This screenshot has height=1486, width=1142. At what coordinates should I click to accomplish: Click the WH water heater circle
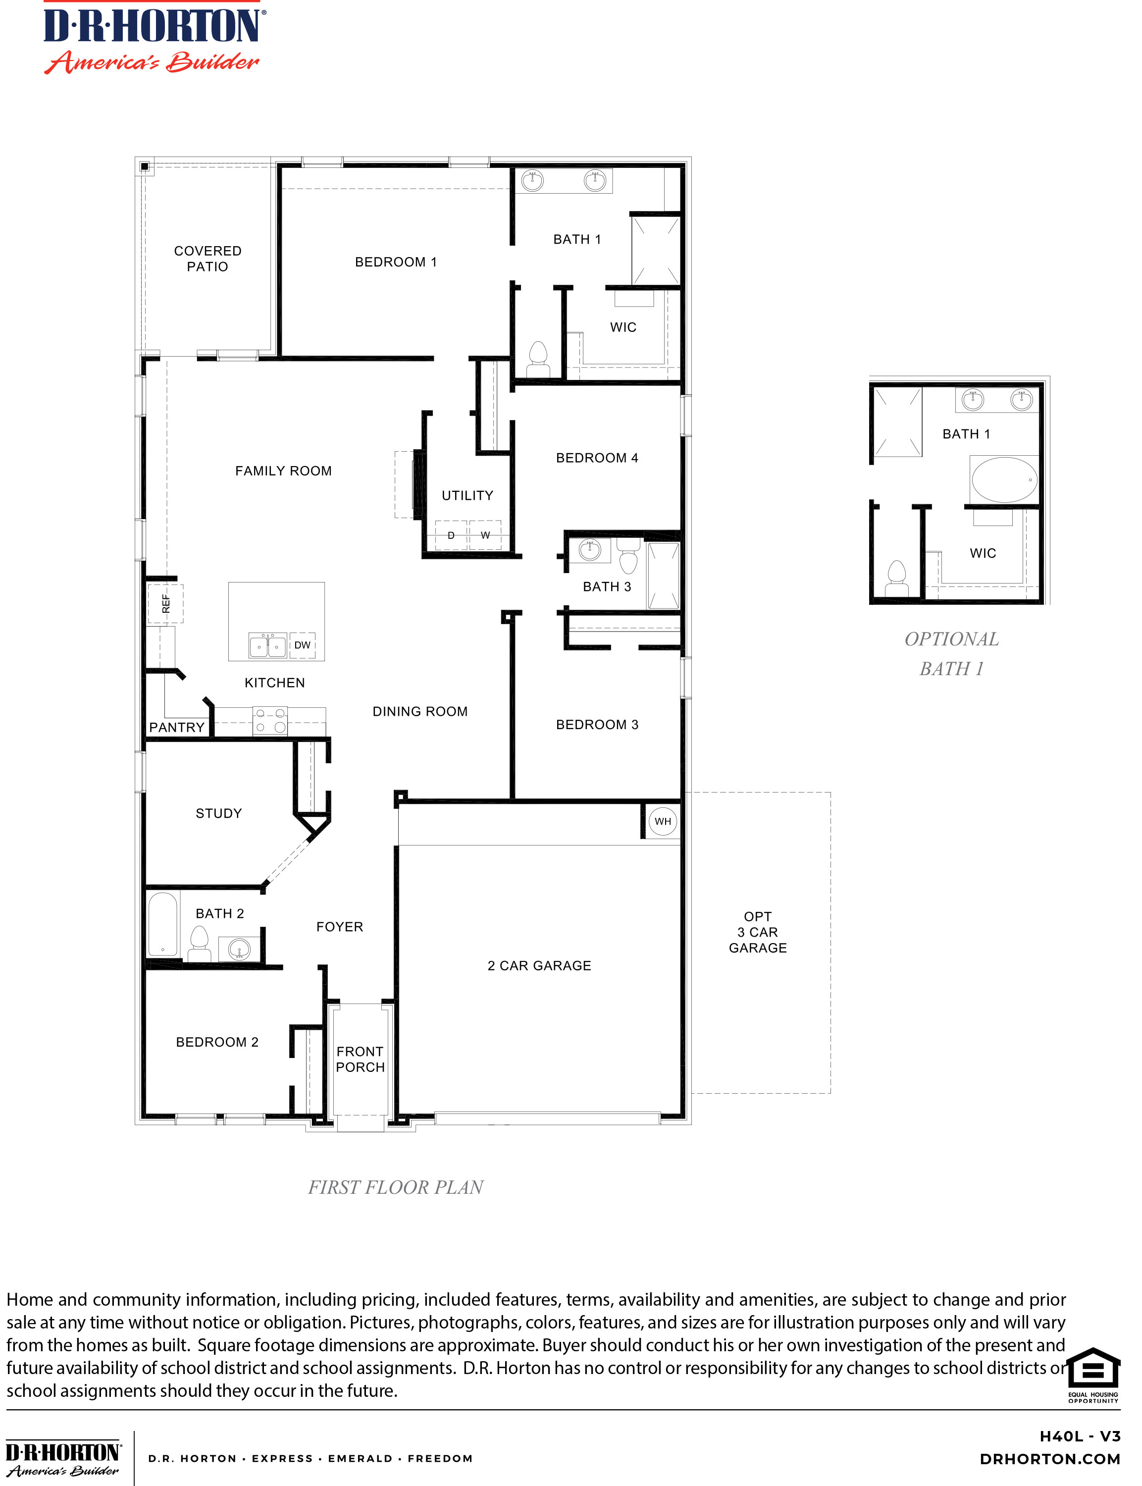[x=662, y=821]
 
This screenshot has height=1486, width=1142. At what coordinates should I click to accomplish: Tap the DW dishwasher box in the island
[x=303, y=645]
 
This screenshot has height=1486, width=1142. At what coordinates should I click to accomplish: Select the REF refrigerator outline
[x=165, y=604]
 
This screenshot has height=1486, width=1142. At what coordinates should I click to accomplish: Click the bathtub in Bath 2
[x=163, y=924]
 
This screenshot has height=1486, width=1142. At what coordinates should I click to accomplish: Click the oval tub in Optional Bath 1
[x=1004, y=480]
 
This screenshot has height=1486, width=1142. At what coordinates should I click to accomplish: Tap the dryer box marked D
[x=451, y=535]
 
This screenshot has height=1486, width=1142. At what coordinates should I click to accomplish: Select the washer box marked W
[x=485, y=535]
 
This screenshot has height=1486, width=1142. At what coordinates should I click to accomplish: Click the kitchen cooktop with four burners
[x=270, y=721]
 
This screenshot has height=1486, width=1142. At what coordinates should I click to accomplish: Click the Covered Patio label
[x=208, y=259]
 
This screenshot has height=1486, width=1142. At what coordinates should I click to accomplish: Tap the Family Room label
[x=283, y=471]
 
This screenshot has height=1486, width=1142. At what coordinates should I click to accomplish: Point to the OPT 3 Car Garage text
[x=757, y=932]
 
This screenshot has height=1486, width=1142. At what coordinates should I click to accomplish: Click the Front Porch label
[x=360, y=1059]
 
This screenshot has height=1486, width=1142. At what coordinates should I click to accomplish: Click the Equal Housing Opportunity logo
[x=1093, y=1375]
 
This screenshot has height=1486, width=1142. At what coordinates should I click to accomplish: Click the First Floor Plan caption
[x=396, y=1187]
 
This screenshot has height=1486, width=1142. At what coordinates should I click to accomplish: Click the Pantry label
[x=177, y=727]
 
